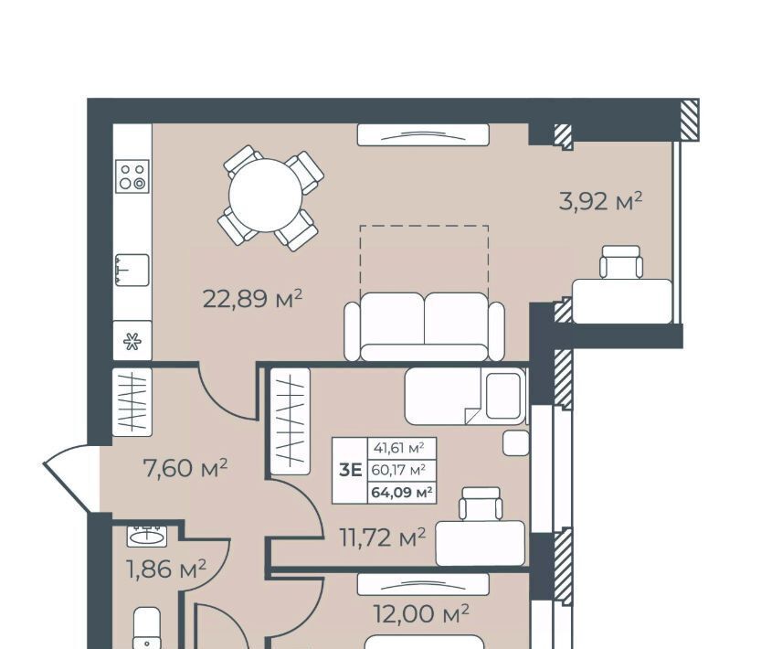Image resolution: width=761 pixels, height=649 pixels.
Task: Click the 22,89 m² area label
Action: (252, 298)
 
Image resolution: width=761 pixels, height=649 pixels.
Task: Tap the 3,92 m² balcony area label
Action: (601, 200)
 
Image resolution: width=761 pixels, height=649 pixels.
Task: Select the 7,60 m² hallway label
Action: (185, 468)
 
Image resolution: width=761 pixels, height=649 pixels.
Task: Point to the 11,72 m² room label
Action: (383, 537)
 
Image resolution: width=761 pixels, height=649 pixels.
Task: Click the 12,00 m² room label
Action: (421, 614)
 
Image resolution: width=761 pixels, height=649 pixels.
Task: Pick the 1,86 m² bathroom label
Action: (166, 569)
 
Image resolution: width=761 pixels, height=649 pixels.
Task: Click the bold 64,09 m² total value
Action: (402, 493)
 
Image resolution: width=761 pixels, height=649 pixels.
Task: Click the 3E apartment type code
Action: (351, 470)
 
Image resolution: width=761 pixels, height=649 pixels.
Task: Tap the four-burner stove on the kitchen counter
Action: (132, 176)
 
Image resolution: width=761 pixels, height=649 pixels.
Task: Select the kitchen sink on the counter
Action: (132, 270)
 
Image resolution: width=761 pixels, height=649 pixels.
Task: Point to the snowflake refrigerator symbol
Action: (132, 341)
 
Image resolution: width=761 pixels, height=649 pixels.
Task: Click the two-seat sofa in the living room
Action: (424, 326)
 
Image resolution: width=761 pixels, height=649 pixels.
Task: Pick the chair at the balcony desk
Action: (621, 261)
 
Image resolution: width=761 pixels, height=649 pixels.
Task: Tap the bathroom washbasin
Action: (147, 537)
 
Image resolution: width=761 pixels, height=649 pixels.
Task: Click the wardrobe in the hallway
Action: (132, 401)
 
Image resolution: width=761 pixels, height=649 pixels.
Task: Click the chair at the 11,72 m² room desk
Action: (481, 505)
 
